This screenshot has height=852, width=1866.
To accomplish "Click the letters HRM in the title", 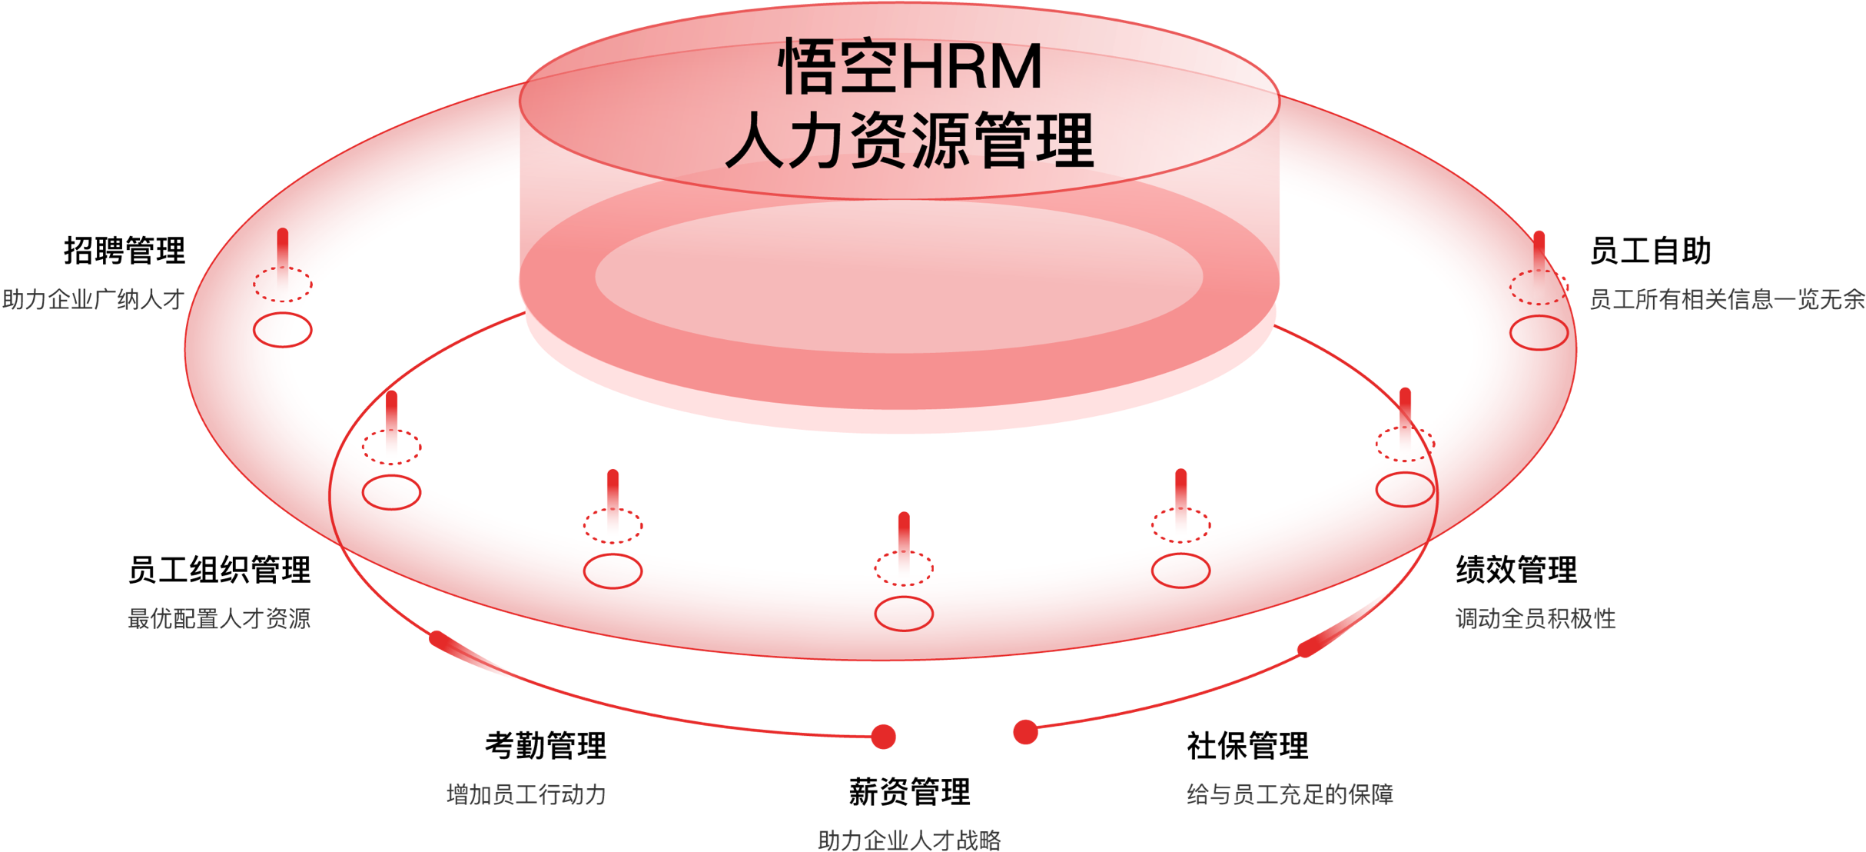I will tap(971, 68).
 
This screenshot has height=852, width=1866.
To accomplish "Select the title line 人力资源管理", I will tap(910, 140).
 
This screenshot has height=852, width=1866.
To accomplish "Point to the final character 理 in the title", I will tap(1065, 140).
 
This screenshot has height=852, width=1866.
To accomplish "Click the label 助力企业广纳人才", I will tap(93, 299).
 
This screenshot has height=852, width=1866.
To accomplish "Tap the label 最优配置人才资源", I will tap(219, 618).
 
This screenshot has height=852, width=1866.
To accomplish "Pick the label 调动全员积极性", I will tap(1536, 618).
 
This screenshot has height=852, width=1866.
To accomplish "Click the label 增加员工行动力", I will tap(526, 794).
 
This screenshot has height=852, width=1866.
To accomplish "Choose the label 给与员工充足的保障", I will tap(1290, 794).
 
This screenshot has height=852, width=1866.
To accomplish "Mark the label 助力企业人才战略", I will tap(909, 840).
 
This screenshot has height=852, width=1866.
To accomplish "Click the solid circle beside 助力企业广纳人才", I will tap(283, 330).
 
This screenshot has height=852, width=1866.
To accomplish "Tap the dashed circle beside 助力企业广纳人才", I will tap(283, 285).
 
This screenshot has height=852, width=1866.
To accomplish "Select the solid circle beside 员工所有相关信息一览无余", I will tap(1539, 333).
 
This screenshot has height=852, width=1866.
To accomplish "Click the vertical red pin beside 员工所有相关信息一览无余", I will tap(1539, 250).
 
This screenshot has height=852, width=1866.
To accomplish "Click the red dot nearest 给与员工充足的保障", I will tap(1025, 732).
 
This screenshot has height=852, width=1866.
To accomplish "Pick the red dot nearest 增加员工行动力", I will tap(884, 737).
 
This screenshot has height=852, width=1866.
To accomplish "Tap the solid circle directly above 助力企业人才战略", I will tap(904, 614).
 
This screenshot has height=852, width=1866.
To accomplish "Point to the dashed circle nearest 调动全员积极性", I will tap(1405, 444).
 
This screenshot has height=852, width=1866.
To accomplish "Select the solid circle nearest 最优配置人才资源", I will tap(391, 492).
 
